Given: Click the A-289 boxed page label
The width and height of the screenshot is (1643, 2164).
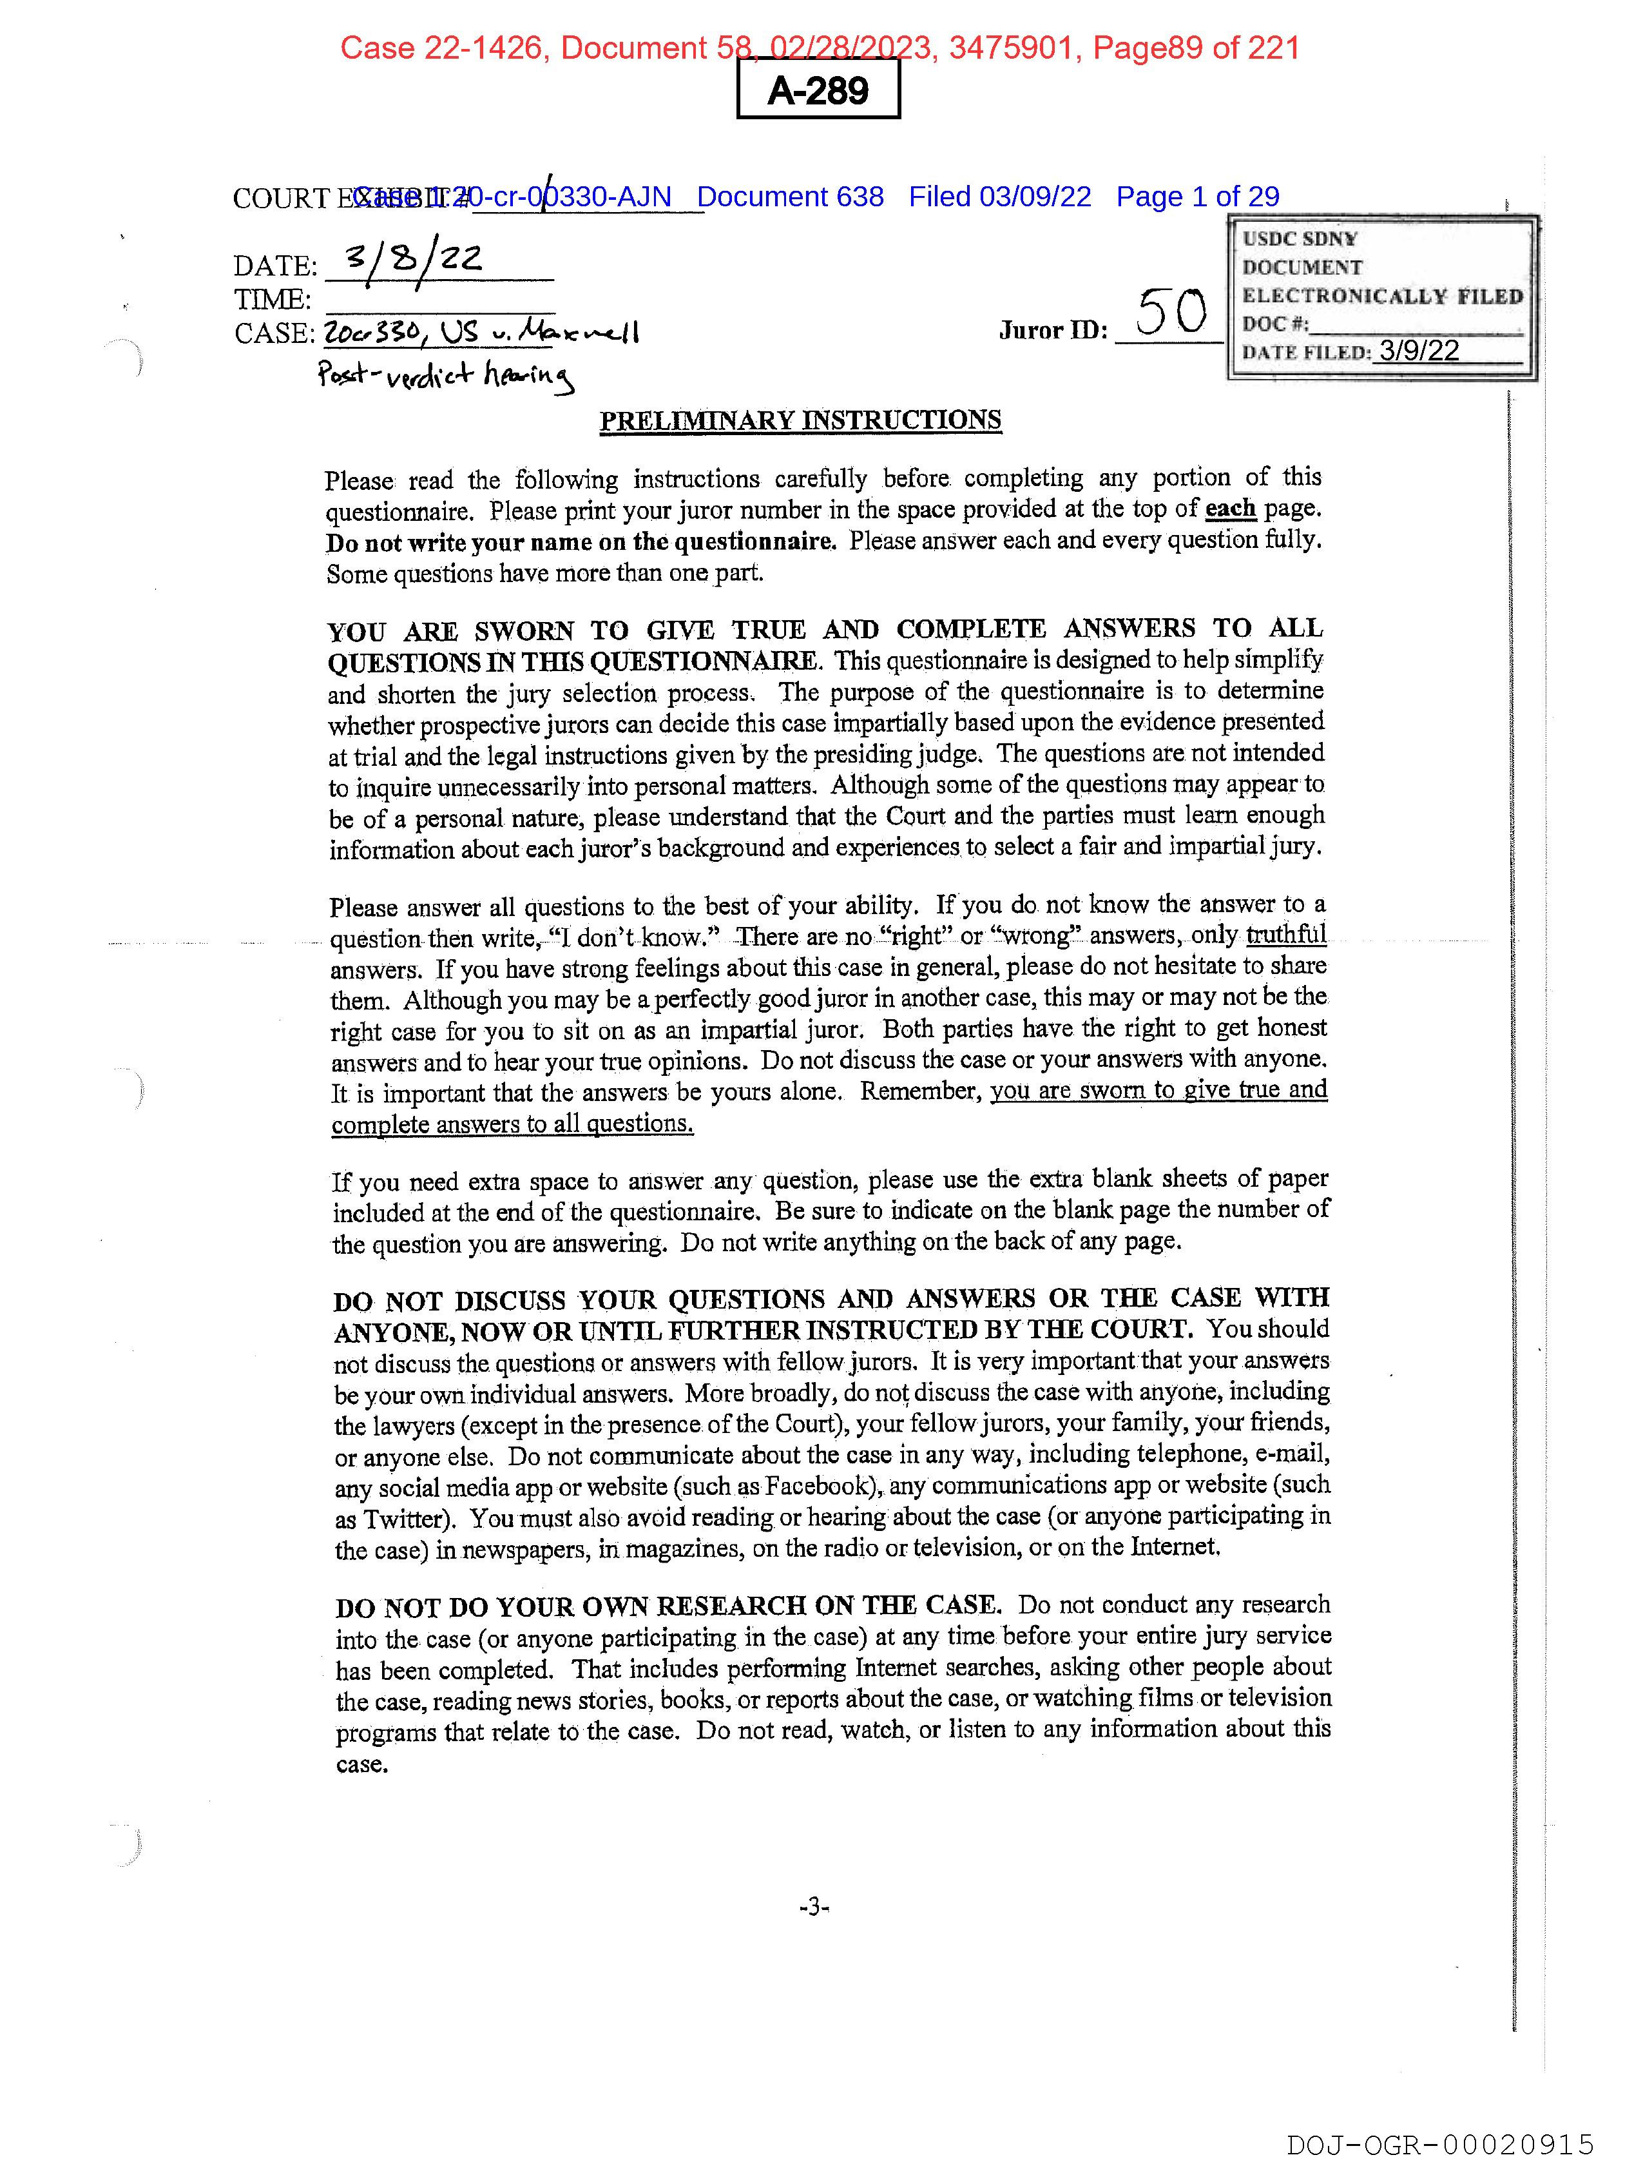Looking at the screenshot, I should tap(818, 90).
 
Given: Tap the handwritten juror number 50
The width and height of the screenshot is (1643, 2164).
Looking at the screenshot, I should tap(1171, 313).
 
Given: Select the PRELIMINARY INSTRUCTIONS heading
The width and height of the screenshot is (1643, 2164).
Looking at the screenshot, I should tap(800, 421).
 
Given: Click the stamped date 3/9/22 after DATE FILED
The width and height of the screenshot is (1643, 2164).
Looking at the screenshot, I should tap(1419, 351).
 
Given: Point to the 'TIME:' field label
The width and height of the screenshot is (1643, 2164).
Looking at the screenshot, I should tap(272, 299).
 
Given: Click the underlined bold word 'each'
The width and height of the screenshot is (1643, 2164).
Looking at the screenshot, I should tap(1229, 509).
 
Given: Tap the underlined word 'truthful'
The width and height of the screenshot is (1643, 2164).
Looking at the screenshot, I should tap(1286, 934).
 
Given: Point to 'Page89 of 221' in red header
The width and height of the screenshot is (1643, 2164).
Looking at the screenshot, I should tap(1196, 47).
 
